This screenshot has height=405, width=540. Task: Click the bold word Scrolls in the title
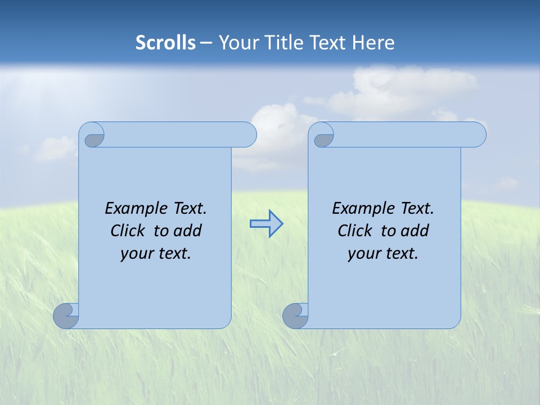pos(166,43)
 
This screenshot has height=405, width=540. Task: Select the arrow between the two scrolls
pos(266,224)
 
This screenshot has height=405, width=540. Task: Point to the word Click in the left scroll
pos(128,231)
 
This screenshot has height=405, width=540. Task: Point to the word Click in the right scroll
pos(355,231)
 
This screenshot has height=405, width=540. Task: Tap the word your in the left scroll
pos(136,254)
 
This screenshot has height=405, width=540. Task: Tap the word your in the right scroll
pos(363,254)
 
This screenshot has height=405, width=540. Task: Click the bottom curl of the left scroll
pos(65,316)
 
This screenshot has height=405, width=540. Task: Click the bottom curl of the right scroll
pos(295,316)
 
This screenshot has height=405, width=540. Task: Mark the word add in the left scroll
pos(188,231)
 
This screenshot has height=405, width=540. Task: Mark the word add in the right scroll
pos(415,231)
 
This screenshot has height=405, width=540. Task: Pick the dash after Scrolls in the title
pos(206,43)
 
